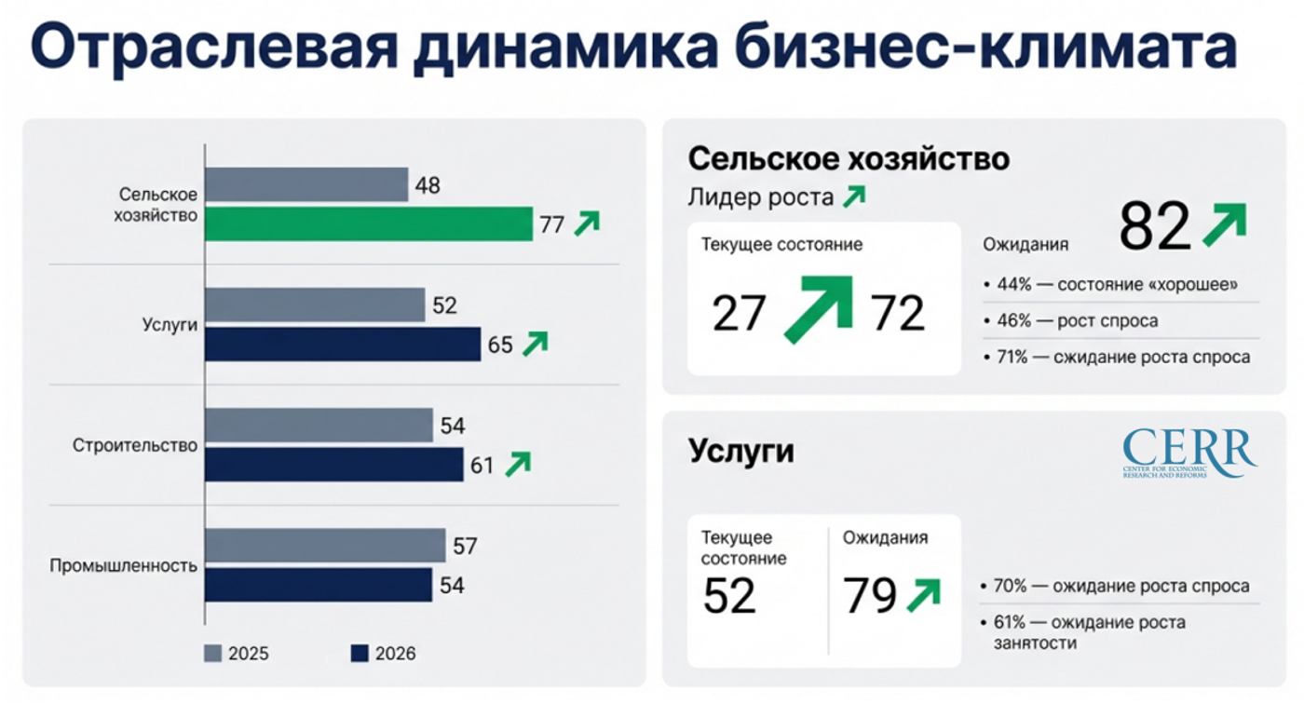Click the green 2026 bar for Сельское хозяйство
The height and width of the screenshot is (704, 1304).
pyautogui.click(x=368, y=223)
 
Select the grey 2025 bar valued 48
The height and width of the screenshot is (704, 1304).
pyautogui.click(x=306, y=184)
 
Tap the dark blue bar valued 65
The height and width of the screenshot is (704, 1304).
pyautogui.click(x=342, y=345)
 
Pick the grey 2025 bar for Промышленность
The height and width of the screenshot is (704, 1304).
pyautogui.click(x=324, y=546)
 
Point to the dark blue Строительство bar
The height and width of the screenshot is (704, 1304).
pyautogui.click(x=333, y=465)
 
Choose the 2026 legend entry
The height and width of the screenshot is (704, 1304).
pyautogui.click(x=383, y=654)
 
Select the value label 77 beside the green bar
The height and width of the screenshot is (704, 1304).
pyautogui.click(x=552, y=224)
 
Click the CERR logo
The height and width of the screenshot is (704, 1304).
pyautogui.click(x=1189, y=452)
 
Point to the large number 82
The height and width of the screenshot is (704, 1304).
pyautogui.click(x=1155, y=226)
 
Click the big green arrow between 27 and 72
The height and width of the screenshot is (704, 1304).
pyautogui.click(x=820, y=308)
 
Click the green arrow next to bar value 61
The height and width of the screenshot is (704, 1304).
pyautogui.click(x=517, y=464)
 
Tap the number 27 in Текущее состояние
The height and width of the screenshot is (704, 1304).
pyautogui.click(x=739, y=313)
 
